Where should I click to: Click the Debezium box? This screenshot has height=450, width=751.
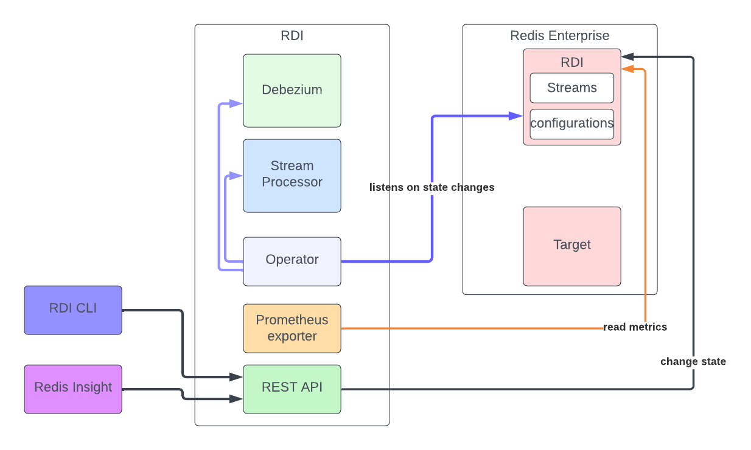click(292, 91)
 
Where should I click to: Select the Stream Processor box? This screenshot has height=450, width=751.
click(292, 176)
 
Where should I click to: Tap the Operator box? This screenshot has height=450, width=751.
click(292, 261)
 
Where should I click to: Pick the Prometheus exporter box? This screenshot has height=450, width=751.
click(292, 328)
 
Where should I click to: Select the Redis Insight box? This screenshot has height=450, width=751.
click(73, 389)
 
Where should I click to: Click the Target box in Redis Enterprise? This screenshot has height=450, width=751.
click(572, 246)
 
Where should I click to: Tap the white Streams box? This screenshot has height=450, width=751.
click(572, 88)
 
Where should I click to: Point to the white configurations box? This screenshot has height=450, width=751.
click(572, 124)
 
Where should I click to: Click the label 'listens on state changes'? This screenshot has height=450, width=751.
click(431, 187)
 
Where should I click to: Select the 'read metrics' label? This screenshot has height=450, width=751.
click(635, 327)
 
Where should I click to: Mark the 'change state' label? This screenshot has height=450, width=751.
click(693, 362)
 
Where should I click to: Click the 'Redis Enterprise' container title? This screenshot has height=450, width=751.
click(559, 36)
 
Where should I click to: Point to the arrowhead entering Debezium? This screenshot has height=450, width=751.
click(237, 103)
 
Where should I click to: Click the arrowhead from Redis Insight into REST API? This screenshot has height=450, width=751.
click(237, 400)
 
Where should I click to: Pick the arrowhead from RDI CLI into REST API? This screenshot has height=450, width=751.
click(237, 378)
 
